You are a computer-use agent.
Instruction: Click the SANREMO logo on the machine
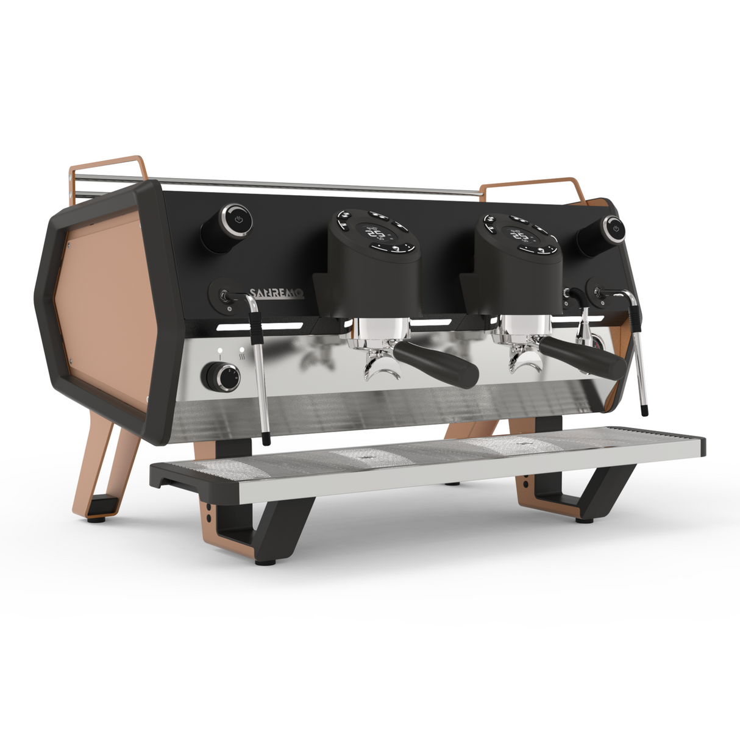pyautogui.click(x=276, y=294)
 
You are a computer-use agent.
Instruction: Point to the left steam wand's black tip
pyautogui.click(x=266, y=438)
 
